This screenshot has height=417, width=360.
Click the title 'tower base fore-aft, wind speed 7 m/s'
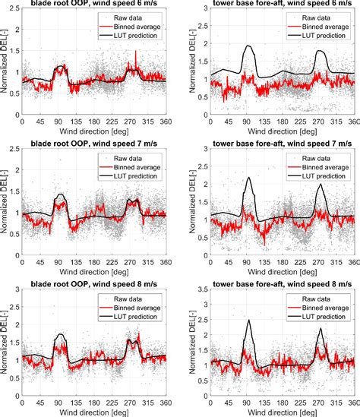pyautogui.click(x=278, y=144)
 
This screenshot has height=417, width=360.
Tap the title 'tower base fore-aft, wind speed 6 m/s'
pyautogui.click(x=278, y=5)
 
